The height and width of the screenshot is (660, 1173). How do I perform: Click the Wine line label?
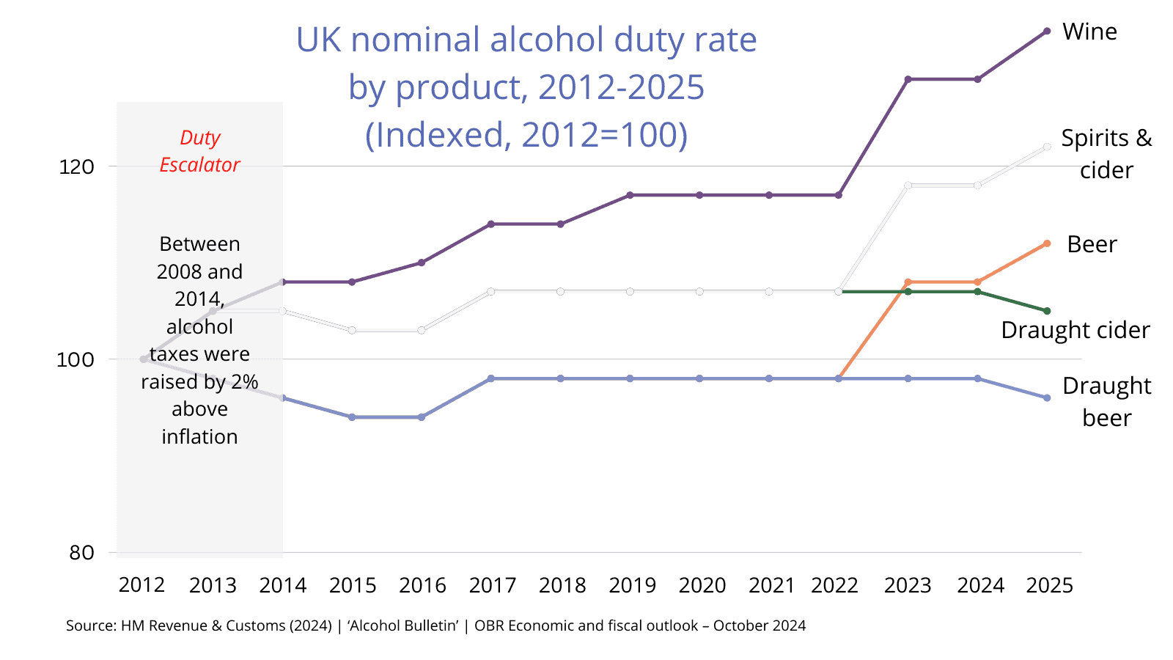coord(1089,32)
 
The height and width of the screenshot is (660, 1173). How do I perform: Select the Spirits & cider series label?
coord(1106,154)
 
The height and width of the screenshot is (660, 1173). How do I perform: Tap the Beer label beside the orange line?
coord(1092,244)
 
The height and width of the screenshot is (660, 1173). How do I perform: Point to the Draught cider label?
coord(1075,330)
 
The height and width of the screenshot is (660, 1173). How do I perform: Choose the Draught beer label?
coord(1106,401)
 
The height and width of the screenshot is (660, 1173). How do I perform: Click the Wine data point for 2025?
coord(1047,32)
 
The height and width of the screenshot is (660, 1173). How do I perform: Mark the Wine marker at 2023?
coord(908,79)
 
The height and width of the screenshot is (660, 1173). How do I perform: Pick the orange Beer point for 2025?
coord(1047,243)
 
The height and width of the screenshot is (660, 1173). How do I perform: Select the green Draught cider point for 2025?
coord(1047,311)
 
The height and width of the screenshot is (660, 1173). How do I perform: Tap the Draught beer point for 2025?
coord(1047,398)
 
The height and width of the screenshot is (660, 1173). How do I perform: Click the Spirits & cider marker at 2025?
coord(1047,147)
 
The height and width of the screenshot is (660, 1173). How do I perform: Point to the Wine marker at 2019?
coord(630,195)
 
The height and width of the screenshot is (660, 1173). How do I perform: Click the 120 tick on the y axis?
coord(76,166)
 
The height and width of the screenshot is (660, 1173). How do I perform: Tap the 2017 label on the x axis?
coord(492,585)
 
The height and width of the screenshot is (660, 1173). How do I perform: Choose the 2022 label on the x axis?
coord(834,585)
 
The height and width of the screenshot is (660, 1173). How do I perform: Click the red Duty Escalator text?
coord(199,151)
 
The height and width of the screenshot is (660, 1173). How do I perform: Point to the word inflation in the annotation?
coord(199,437)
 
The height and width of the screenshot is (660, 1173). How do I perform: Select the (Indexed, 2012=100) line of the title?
coord(526,135)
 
